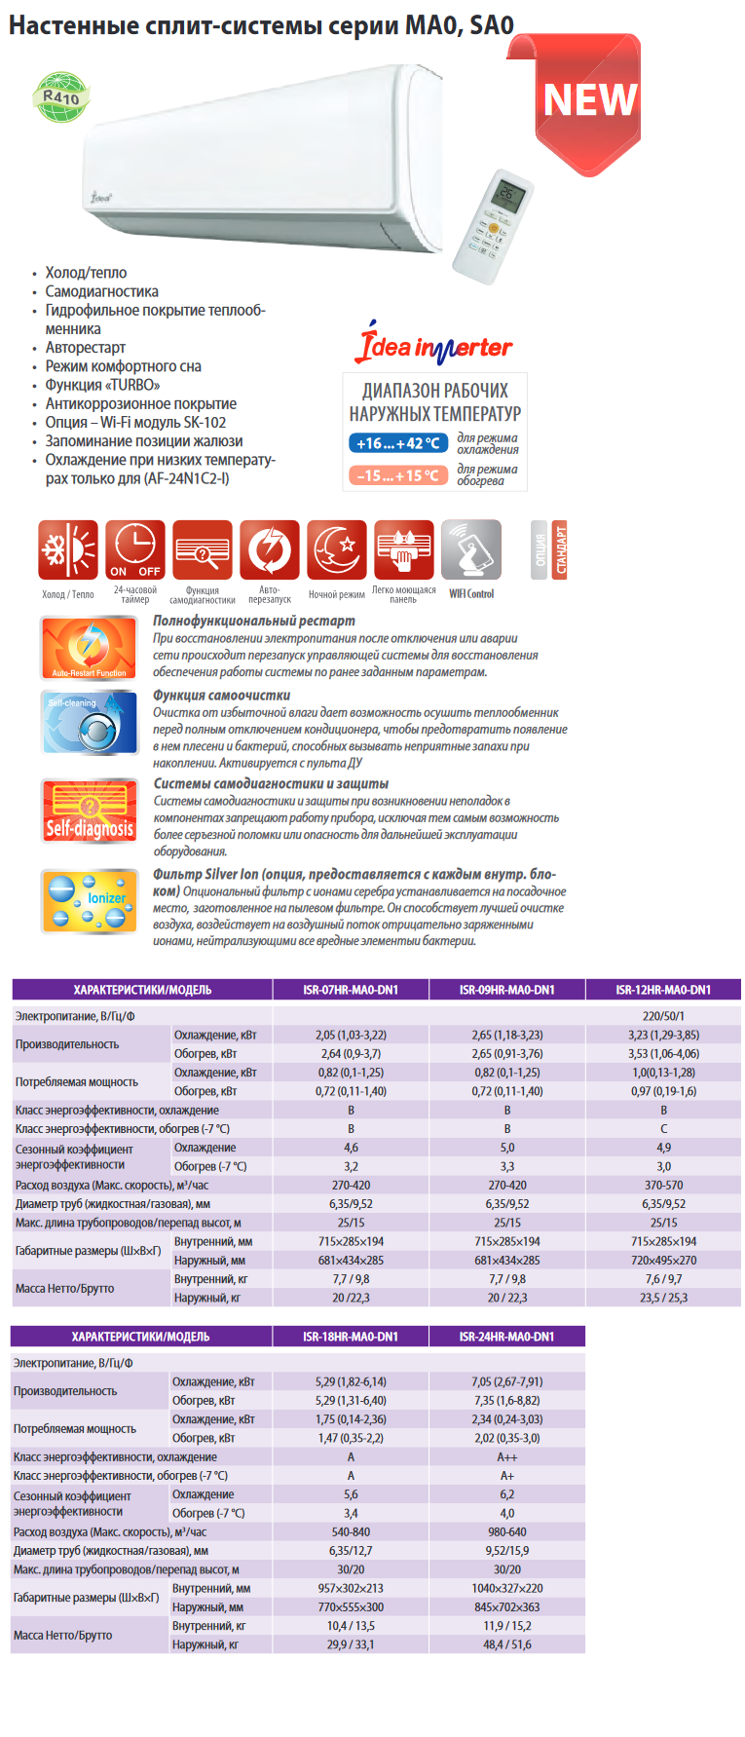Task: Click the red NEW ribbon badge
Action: pyautogui.click(x=588, y=101)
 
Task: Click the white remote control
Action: pyautogui.click(x=492, y=227)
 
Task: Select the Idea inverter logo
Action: pyautogui.click(x=435, y=345)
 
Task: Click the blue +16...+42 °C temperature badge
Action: pyautogui.click(x=397, y=443)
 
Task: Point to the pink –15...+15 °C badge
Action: pyautogui.click(x=397, y=475)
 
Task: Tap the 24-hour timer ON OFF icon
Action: pyautogui.click(x=135, y=550)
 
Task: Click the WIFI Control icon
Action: pyautogui.click(x=471, y=550)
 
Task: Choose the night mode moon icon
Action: pyautogui.click(x=337, y=550)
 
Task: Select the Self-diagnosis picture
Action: pyautogui.click(x=90, y=811)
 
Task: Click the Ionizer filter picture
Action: pyautogui.click(x=90, y=901)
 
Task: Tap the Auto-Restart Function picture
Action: pyautogui.click(x=90, y=647)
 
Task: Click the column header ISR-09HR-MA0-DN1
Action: pyautogui.click(x=506, y=990)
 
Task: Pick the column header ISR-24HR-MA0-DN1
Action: pyautogui.click(x=506, y=1337)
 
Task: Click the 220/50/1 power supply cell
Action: pyautogui.click(x=663, y=1016)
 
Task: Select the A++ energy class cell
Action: pyautogui.click(x=506, y=1457)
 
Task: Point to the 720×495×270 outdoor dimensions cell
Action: pyautogui.click(x=663, y=1261)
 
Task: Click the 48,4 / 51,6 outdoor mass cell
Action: pyautogui.click(x=506, y=1644)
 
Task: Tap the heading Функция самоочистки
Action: pyautogui.click(x=222, y=696)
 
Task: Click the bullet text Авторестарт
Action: pyautogui.click(x=86, y=348)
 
